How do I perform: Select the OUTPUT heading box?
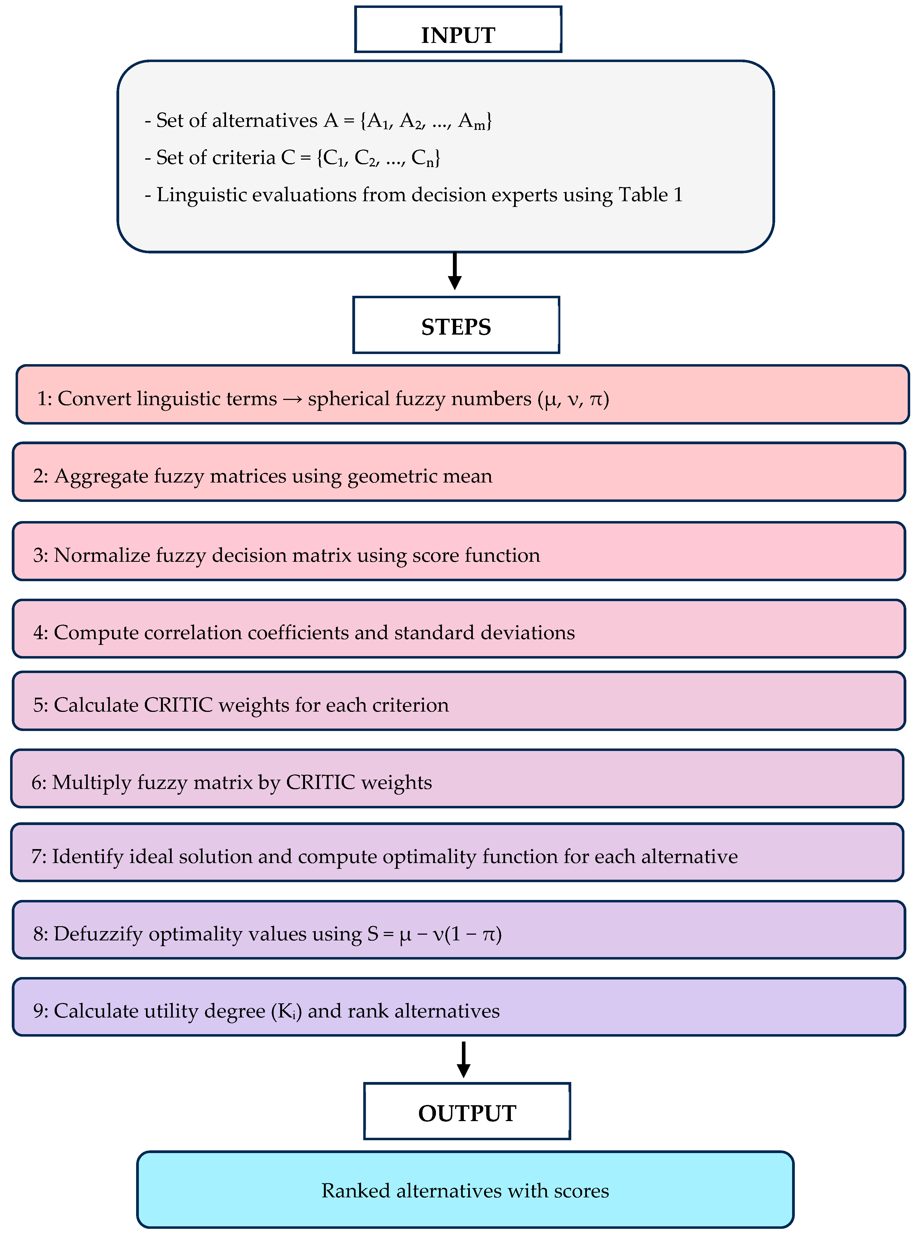(467, 1111)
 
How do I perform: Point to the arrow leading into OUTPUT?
(464, 1059)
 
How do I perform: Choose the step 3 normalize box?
(459, 551)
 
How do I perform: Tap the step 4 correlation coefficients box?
(459, 629)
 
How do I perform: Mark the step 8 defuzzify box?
(459, 930)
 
